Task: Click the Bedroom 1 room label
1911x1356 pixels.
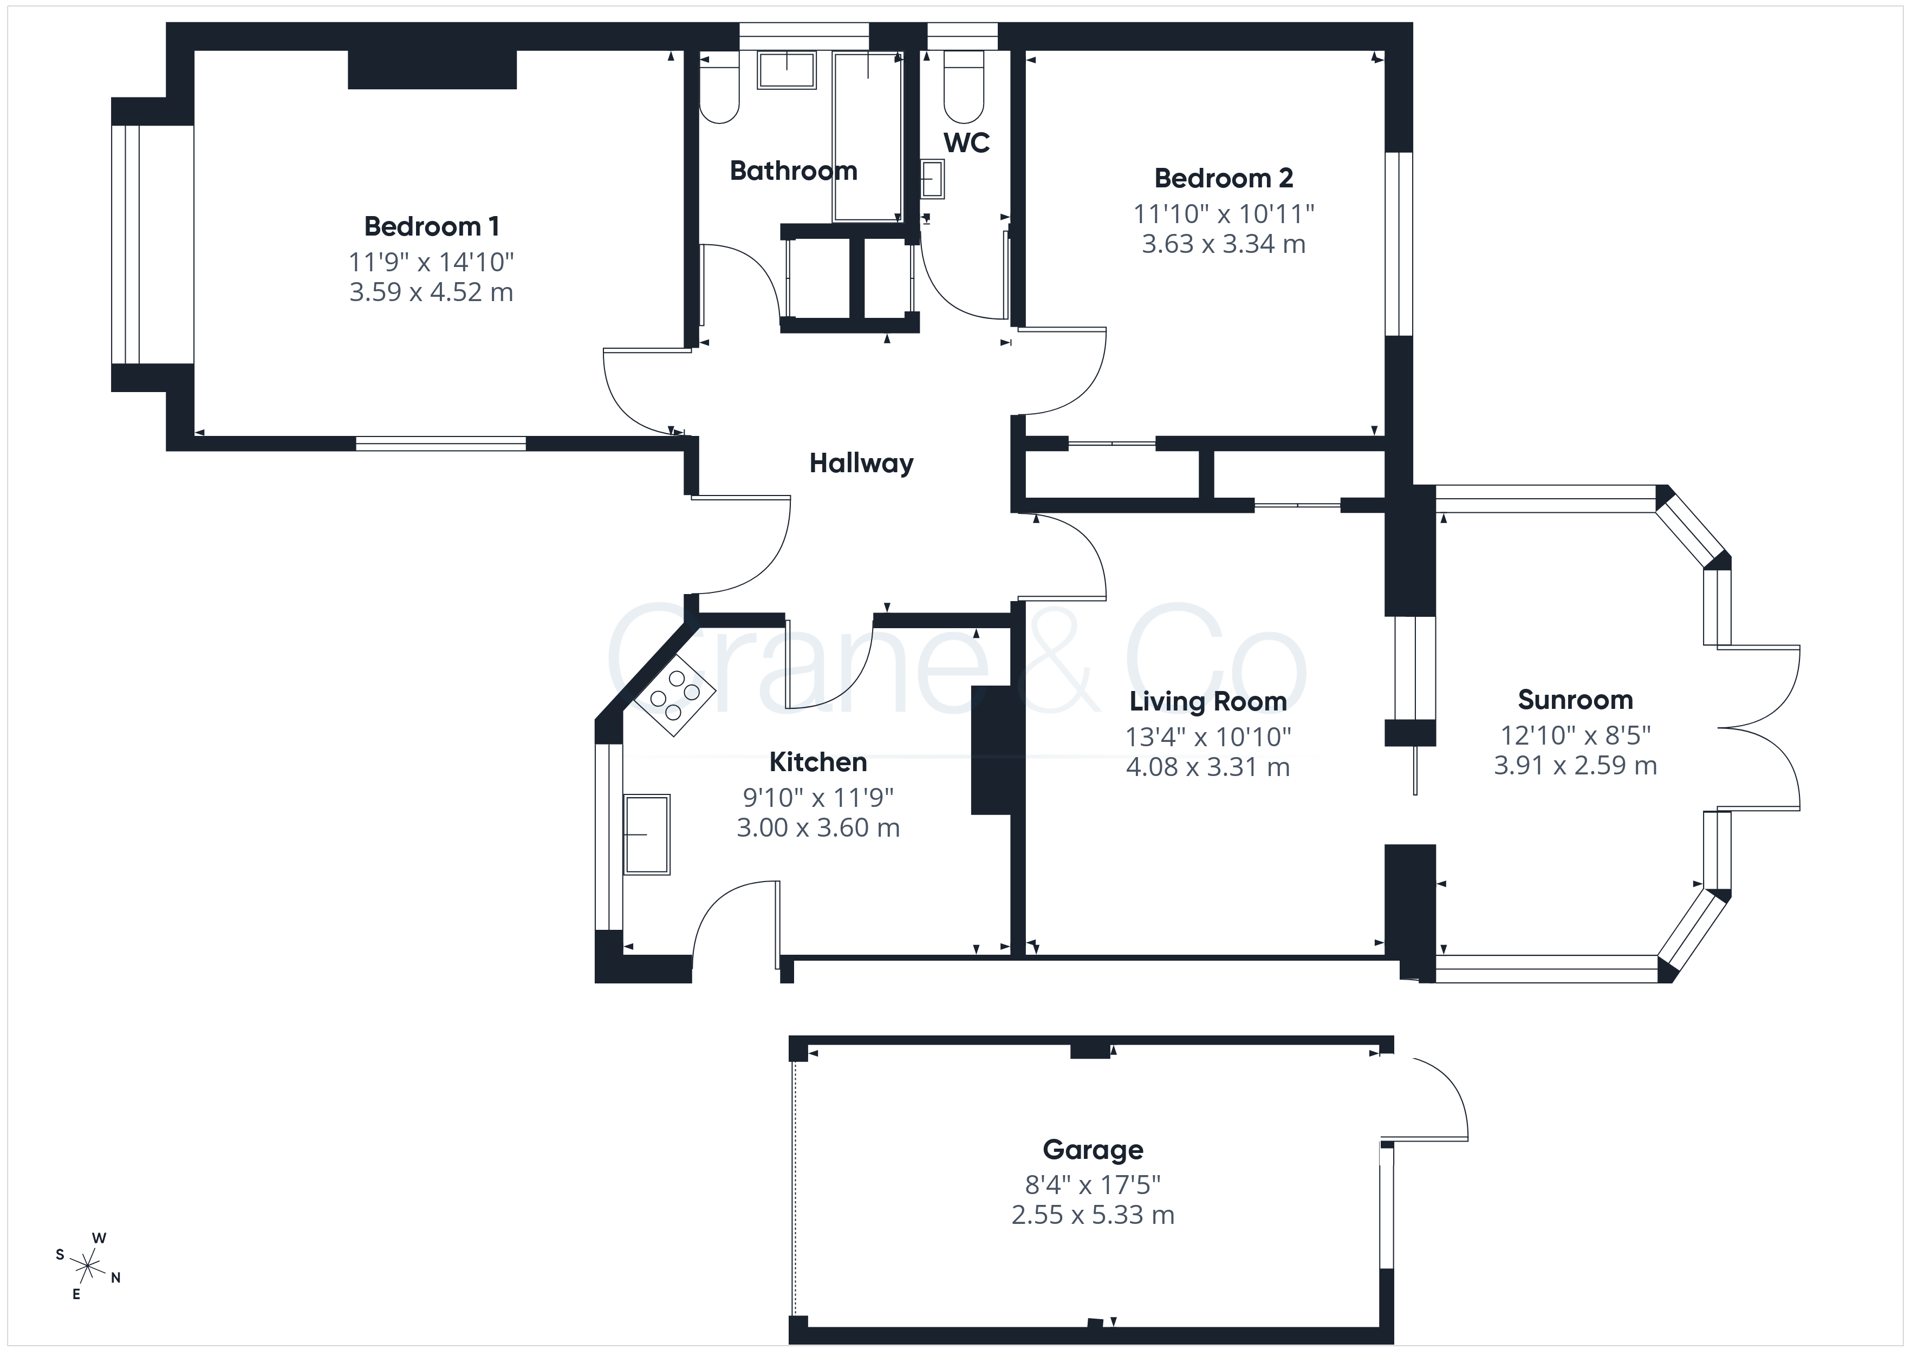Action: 432,226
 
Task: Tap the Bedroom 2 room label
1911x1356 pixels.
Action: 1224,178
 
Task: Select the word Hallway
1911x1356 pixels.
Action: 861,464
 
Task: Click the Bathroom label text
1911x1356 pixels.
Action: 794,171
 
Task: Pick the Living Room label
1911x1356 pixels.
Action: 1208,701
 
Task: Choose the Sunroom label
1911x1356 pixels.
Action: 1575,700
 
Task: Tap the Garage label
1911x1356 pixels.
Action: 1093,1151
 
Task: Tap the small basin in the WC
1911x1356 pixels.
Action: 932,180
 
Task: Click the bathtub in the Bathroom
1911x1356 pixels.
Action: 868,136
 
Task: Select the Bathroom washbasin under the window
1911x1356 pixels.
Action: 786,70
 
